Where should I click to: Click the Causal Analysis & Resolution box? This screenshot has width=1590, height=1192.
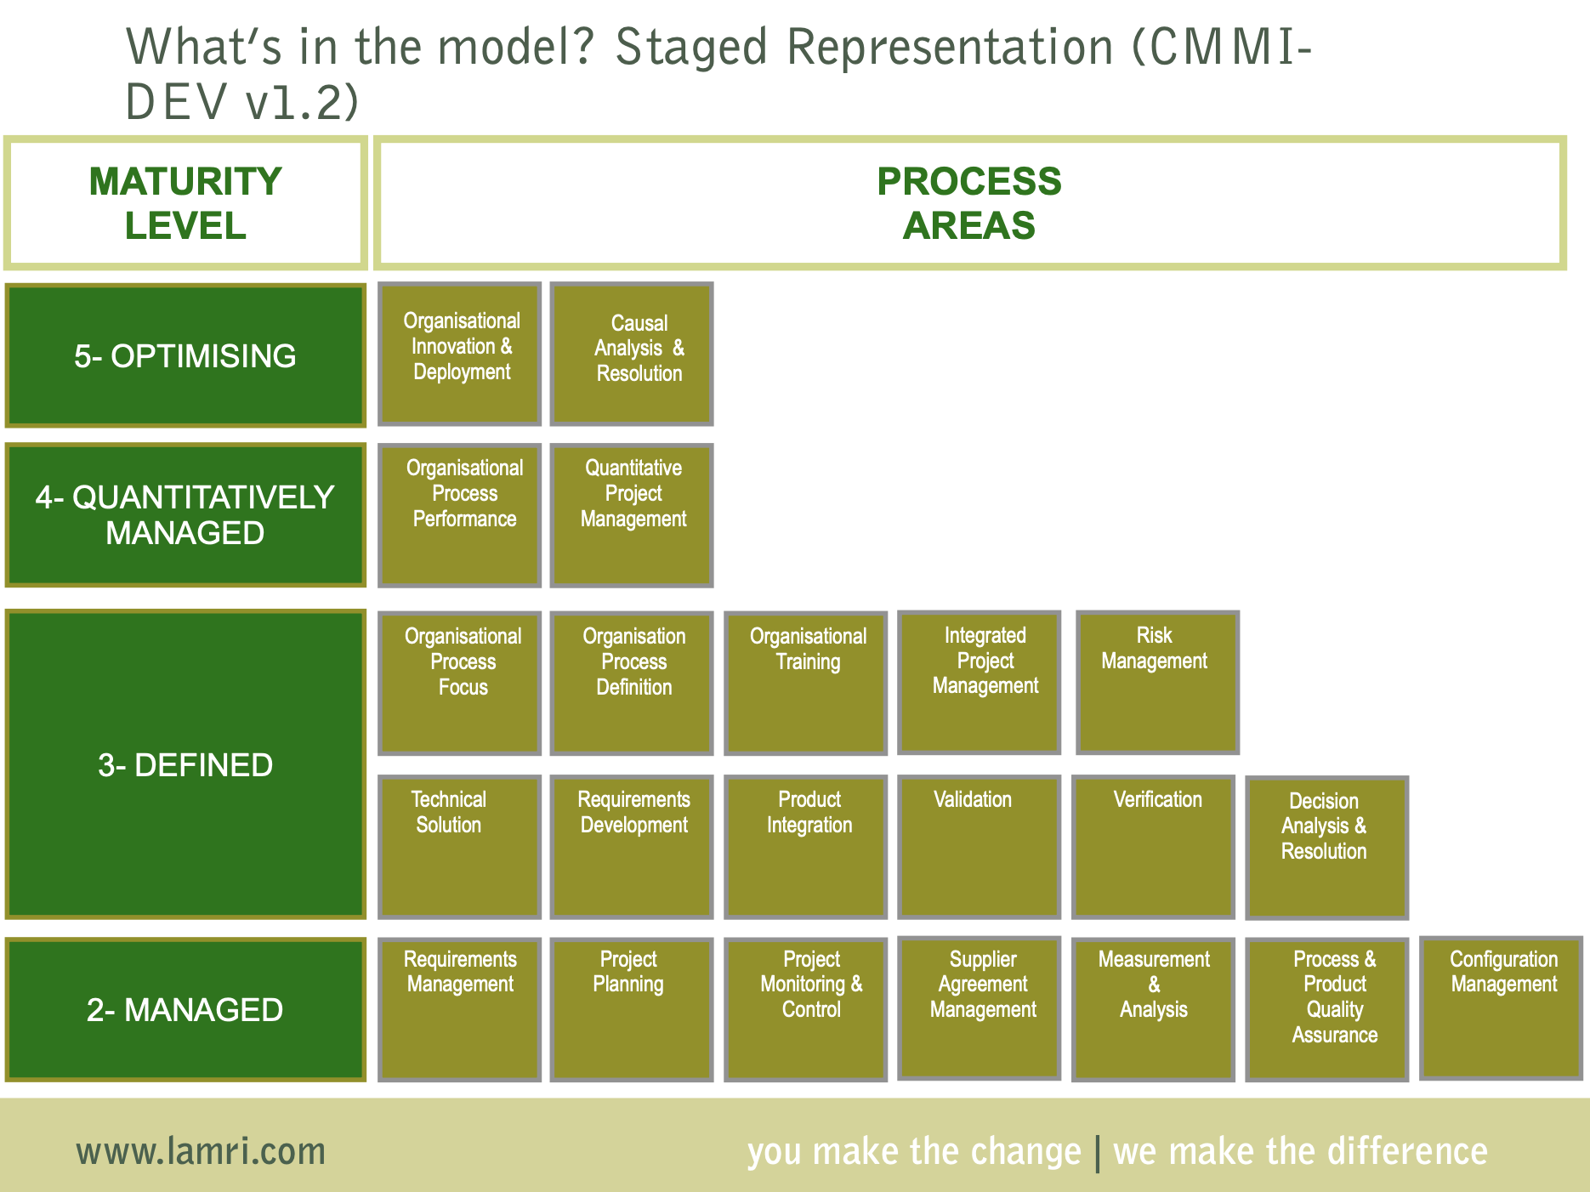click(631, 354)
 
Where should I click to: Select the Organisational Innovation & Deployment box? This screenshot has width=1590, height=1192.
click(459, 354)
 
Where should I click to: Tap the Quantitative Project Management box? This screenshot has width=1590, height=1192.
click(631, 515)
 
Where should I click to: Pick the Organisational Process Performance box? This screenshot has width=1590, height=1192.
click(459, 515)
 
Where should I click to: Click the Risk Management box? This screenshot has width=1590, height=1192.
click(1157, 683)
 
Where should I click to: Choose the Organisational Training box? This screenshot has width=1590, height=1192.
click(805, 683)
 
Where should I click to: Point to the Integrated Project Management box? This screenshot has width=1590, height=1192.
click(979, 683)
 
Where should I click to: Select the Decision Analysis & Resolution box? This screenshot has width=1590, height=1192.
click(1326, 848)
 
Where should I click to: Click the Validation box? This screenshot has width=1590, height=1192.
click(979, 847)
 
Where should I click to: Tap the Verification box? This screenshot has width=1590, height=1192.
click(1153, 847)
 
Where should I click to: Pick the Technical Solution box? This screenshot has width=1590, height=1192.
click(459, 847)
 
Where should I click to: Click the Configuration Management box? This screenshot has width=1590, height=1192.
click(1501, 1008)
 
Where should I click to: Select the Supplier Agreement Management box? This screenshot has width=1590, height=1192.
click(979, 1008)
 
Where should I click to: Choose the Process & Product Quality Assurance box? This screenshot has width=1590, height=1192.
click(1326, 1009)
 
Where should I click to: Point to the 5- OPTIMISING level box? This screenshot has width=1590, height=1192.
click(185, 355)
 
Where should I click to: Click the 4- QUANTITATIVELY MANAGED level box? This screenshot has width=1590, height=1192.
click(185, 515)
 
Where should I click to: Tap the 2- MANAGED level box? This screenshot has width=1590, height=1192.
click(185, 1009)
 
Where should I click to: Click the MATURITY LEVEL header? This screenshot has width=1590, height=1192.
click(185, 203)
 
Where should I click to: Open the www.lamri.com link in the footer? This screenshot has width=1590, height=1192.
click(201, 1151)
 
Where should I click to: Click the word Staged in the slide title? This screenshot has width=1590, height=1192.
click(690, 47)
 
